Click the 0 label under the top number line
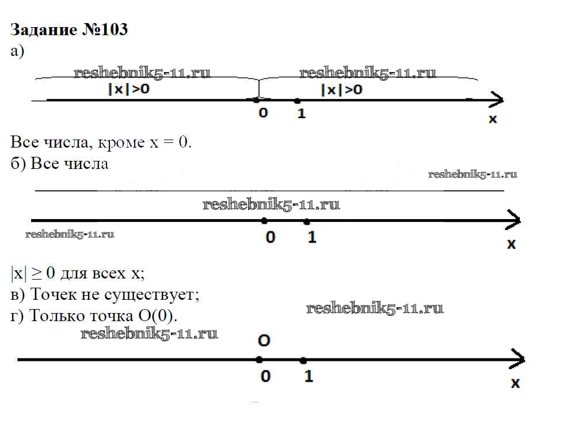(263, 114)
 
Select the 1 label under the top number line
(301, 114)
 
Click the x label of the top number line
(492, 119)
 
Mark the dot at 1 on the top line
(296, 100)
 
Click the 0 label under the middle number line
(271, 237)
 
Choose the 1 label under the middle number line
(311, 237)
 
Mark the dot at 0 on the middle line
(264, 220)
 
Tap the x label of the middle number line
(511, 244)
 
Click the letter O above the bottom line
(264, 341)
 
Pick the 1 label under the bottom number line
(308, 376)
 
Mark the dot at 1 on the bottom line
(303, 360)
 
